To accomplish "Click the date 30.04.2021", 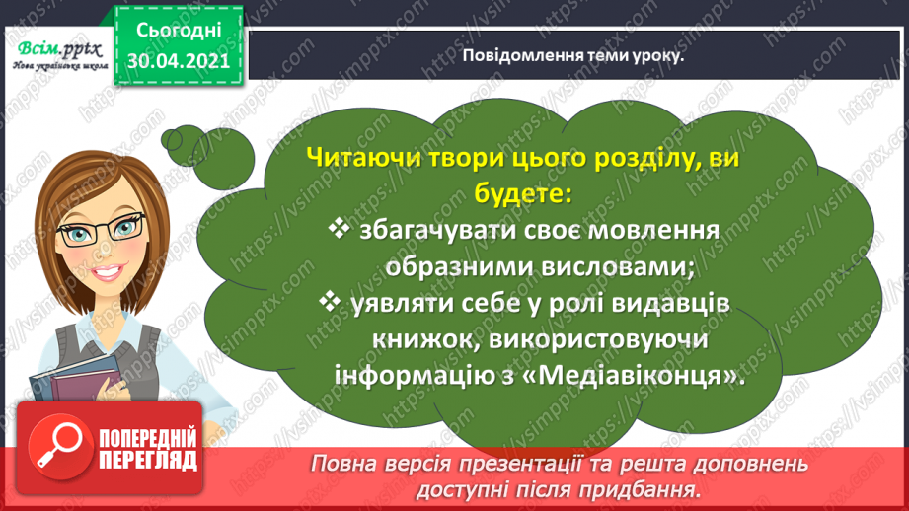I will coord(178,59).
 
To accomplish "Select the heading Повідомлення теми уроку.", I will coord(573,55).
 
